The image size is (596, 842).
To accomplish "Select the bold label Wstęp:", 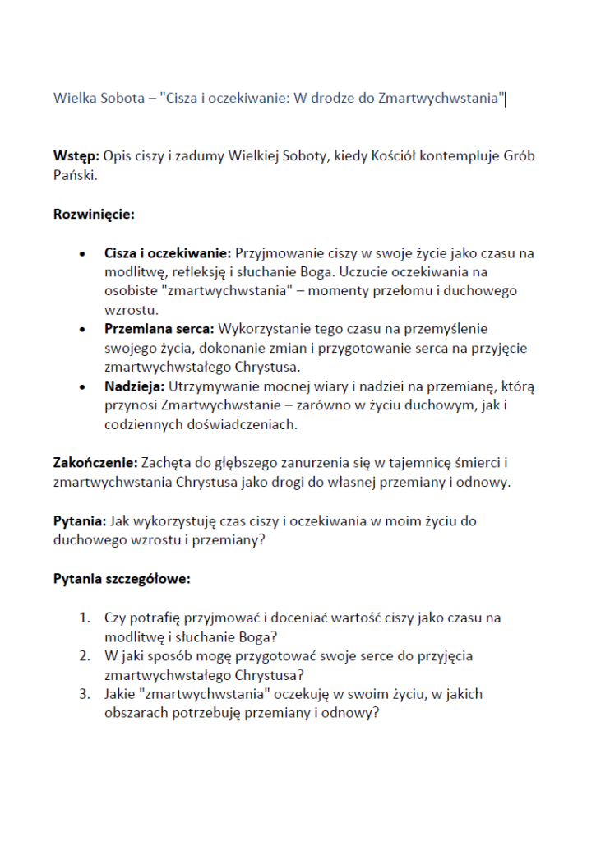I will [76, 156].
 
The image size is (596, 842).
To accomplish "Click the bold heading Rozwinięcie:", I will [94, 215].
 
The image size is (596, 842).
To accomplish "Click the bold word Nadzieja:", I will [135, 386].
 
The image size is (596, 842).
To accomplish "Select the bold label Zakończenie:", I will [92, 463].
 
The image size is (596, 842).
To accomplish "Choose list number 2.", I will [84, 656].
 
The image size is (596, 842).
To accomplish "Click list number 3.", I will [84, 695].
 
